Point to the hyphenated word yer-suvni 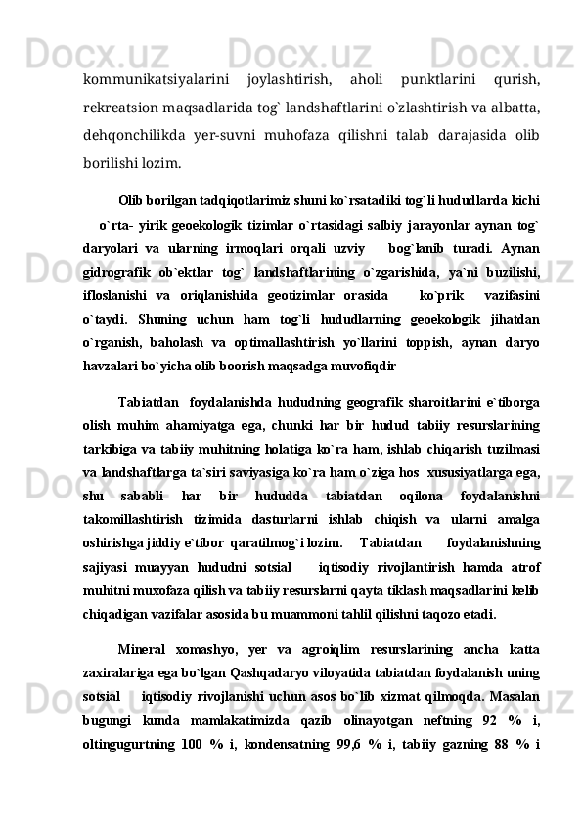250,126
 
